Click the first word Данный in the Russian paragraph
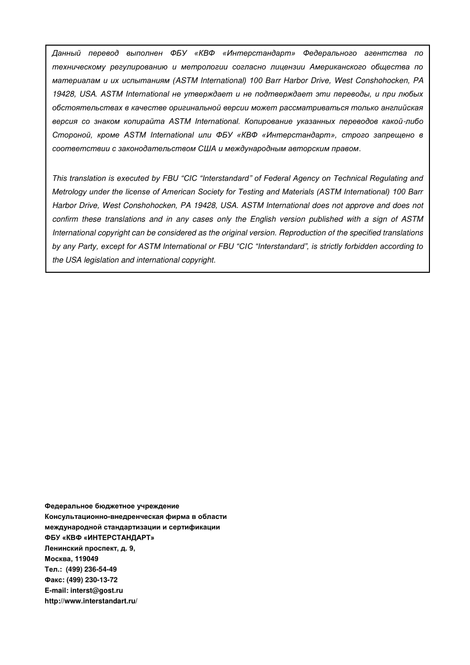(66, 53)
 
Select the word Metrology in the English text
(69, 192)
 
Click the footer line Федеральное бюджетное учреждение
(112, 506)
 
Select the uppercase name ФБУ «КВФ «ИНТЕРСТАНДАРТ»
(99, 538)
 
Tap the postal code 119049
(87, 559)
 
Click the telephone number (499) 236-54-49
(91, 569)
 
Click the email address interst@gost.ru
(96, 590)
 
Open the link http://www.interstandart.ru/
(91, 601)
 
